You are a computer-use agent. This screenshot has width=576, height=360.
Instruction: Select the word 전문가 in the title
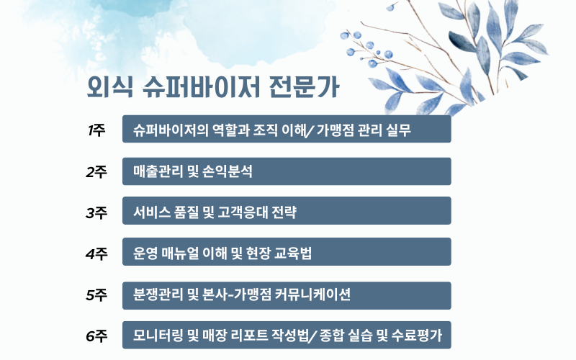(x=302, y=89)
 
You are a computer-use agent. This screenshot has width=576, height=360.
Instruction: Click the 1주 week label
(x=96, y=130)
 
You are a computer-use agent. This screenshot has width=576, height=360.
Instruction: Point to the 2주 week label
(x=96, y=172)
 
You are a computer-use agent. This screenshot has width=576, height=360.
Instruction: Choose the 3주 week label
(x=96, y=212)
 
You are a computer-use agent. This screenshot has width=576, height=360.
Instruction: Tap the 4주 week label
(x=96, y=253)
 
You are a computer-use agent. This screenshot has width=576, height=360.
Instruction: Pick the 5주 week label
(x=96, y=295)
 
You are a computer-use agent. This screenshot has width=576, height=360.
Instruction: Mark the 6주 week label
(x=96, y=336)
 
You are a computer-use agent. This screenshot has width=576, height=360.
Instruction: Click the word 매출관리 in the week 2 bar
(x=157, y=171)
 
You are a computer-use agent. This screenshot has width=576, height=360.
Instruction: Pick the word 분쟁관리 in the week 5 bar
(x=157, y=294)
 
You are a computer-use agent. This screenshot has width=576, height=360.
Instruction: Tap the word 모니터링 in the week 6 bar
(x=157, y=335)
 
